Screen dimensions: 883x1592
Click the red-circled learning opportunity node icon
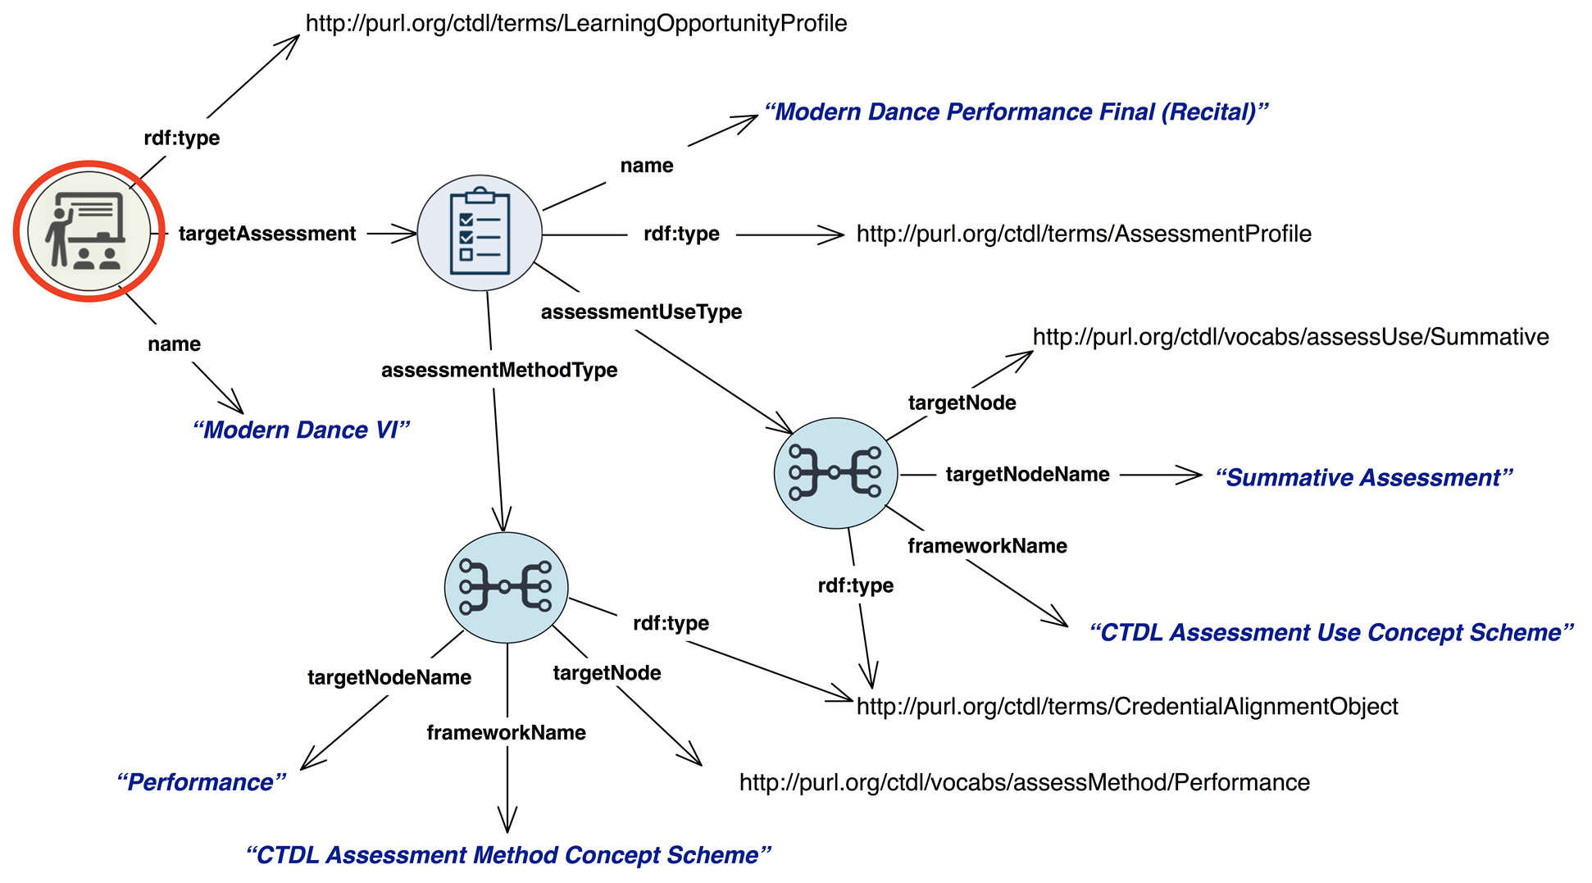tap(89, 231)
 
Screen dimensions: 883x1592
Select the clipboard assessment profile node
tap(480, 233)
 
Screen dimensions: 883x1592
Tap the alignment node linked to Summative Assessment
tap(835, 473)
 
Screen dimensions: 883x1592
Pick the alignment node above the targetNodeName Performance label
tap(506, 587)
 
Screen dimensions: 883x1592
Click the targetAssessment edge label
tap(267, 234)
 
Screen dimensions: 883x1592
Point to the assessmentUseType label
tap(641, 312)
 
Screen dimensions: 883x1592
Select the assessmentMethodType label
tap(499, 370)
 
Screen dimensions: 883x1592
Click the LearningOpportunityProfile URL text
tap(576, 23)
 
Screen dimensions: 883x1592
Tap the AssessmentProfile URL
tap(1084, 234)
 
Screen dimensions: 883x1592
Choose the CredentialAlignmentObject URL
tap(1127, 706)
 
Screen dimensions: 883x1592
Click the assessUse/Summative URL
tap(1290, 337)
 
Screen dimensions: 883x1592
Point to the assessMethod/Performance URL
tap(1024, 782)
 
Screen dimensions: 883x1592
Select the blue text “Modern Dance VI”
tap(301, 430)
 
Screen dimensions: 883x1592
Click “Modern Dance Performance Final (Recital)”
tap(1016, 112)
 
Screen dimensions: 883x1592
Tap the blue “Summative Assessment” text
tap(1363, 477)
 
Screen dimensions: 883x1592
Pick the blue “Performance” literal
tap(201, 782)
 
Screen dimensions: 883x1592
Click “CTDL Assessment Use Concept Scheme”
tap(1331, 632)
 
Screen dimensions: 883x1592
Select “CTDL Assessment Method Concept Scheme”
tap(508, 855)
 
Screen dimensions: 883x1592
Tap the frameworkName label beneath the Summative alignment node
tap(987, 546)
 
